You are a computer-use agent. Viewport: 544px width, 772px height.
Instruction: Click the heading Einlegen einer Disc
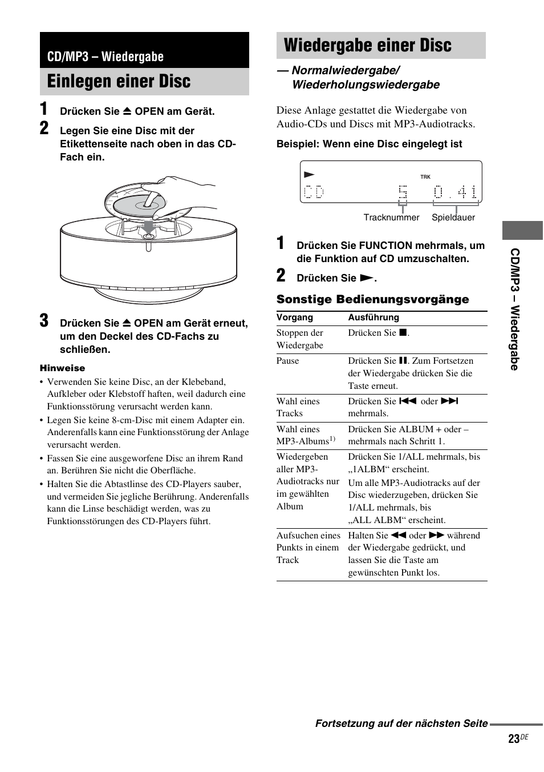(x=119, y=82)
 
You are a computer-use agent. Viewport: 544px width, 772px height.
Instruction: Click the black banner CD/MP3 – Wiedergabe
(x=105, y=57)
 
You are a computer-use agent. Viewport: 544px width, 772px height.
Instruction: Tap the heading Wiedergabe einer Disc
(x=367, y=45)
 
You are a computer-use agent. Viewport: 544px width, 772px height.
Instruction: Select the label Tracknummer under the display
(x=391, y=218)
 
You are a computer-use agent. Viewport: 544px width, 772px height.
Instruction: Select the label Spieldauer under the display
(x=453, y=218)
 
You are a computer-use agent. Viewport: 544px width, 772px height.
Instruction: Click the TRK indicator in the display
(x=425, y=177)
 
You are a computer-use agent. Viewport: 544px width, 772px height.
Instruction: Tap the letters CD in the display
(x=314, y=192)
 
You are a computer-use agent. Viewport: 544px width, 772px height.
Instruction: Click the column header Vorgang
(x=295, y=317)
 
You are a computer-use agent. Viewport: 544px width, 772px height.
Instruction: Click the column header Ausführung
(x=374, y=317)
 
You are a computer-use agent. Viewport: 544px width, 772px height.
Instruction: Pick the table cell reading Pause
(x=287, y=361)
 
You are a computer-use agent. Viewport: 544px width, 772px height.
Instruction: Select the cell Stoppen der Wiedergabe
(x=300, y=339)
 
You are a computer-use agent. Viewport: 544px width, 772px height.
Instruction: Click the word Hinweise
(x=62, y=368)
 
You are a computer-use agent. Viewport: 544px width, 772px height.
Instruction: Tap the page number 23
(x=513, y=739)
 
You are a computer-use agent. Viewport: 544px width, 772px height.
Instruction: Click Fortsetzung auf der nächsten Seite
(x=401, y=723)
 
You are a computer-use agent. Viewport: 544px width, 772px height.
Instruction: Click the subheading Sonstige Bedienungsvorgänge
(x=372, y=299)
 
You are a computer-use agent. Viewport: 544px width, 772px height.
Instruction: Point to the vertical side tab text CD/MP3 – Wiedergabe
(x=514, y=309)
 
